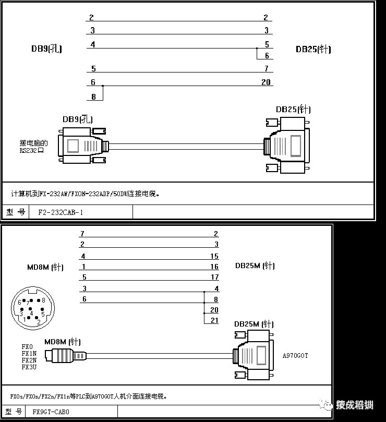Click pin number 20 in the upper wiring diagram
[x=266, y=82]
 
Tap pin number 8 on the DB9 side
[x=93, y=97]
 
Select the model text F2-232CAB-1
[x=61, y=212]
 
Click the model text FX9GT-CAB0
[x=51, y=412]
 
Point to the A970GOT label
[x=295, y=356]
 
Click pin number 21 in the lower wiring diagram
[x=214, y=320]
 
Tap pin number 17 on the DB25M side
[x=214, y=277]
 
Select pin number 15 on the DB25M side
[x=214, y=256]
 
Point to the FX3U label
[x=29, y=367]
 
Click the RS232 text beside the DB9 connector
[x=32, y=151]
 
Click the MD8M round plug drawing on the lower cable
[x=65, y=356]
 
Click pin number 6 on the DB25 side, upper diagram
[x=267, y=56]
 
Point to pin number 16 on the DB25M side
[x=214, y=267]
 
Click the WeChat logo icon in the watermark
[x=325, y=405]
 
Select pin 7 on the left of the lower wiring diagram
[x=82, y=234]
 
